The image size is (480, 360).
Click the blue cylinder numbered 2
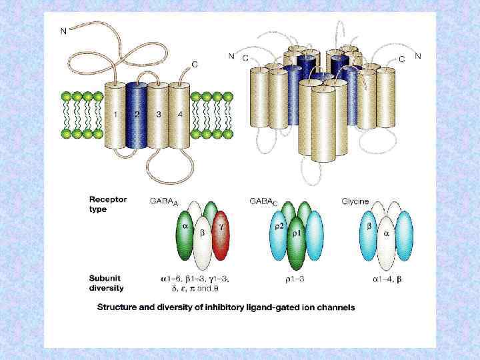[x=137, y=117]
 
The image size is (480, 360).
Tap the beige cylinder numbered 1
[x=115, y=117]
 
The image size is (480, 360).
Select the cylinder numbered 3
[x=158, y=117]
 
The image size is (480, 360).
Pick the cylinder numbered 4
[x=179, y=117]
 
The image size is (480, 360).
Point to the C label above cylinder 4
[x=195, y=64]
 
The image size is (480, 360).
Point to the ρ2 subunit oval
[x=280, y=231]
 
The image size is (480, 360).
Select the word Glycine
[x=355, y=200]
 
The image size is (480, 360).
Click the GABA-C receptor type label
[x=263, y=201]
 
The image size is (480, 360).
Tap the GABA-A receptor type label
[x=163, y=201]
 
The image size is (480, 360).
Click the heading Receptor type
[x=108, y=204]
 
